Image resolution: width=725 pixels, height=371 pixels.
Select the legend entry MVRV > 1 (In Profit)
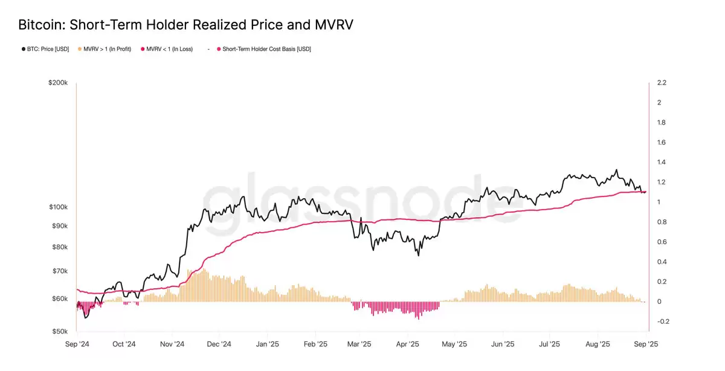pos(106,49)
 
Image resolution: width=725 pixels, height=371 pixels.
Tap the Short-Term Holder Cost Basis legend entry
pos(266,49)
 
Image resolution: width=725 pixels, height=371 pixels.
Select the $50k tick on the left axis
pos(59,332)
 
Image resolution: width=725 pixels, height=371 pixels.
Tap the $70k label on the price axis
pos(59,271)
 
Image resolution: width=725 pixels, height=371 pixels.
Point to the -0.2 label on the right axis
pos(663,321)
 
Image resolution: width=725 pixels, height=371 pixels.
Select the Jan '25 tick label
pos(267,344)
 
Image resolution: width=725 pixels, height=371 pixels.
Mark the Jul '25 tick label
pos(550,344)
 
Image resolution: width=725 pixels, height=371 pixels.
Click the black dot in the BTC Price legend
pos(23,49)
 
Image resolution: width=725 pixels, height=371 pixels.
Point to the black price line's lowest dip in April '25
pos(418,255)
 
